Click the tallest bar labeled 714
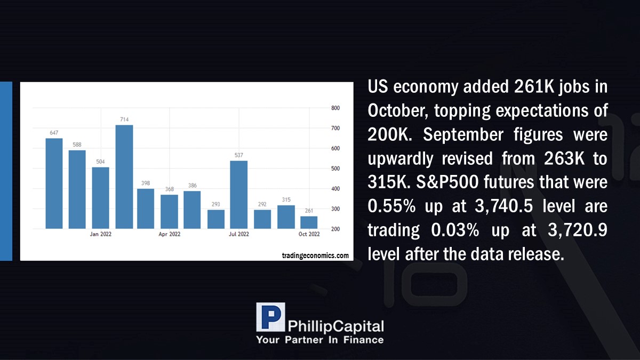click(x=124, y=177)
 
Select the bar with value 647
click(x=54, y=183)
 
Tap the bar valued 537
click(x=239, y=195)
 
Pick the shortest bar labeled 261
click(x=309, y=222)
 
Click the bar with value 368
click(x=169, y=212)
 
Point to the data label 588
click(x=77, y=145)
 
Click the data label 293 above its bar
click(x=215, y=204)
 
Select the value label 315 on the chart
click(x=286, y=199)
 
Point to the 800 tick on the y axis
click(x=335, y=108)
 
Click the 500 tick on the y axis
click(x=335, y=169)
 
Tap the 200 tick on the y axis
click(x=335, y=229)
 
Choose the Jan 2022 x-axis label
click(x=101, y=234)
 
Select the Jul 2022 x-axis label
click(x=239, y=234)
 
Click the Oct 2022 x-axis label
click(x=309, y=234)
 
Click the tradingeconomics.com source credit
click(x=315, y=255)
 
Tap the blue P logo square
click(x=270, y=317)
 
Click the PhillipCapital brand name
click(x=335, y=326)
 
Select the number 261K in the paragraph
click(x=534, y=86)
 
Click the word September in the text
click(x=463, y=135)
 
